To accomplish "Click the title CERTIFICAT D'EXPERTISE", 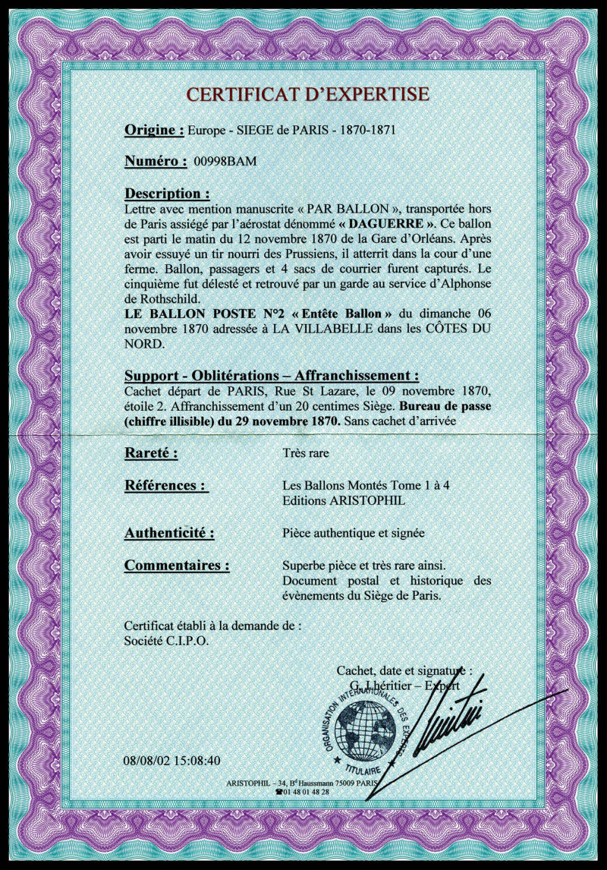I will click(307, 95).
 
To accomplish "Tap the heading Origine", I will click(154, 130).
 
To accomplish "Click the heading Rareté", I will click(151, 454).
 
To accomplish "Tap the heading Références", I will click(166, 486).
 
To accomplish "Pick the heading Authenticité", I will click(169, 533).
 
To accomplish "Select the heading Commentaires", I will click(177, 566).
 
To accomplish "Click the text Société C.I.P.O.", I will click(167, 640).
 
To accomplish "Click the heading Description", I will click(167, 193).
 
